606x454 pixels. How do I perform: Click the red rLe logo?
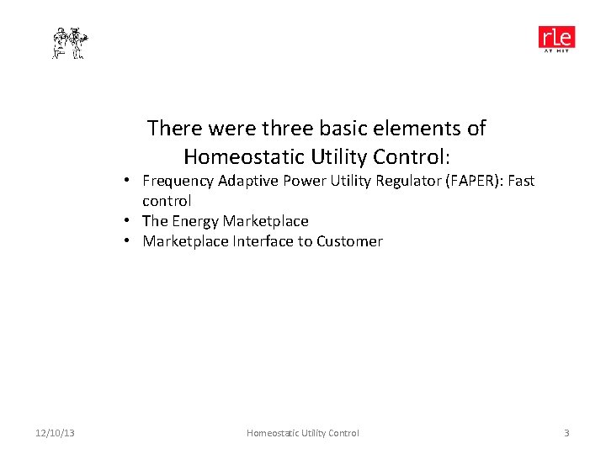click(x=556, y=39)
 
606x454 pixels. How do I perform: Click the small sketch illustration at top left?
click(x=70, y=43)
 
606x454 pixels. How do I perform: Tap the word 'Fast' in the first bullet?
click(x=519, y=181)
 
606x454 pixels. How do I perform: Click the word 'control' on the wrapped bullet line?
click(x=167, y=201)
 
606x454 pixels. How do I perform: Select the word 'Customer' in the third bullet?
click(x=349, y=241)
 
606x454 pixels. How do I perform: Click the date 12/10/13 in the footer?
click(x=56, y=433)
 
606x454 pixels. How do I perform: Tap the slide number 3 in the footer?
click(x=566, y=433)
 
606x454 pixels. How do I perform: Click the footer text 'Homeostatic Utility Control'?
click(x=302, y=433)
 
